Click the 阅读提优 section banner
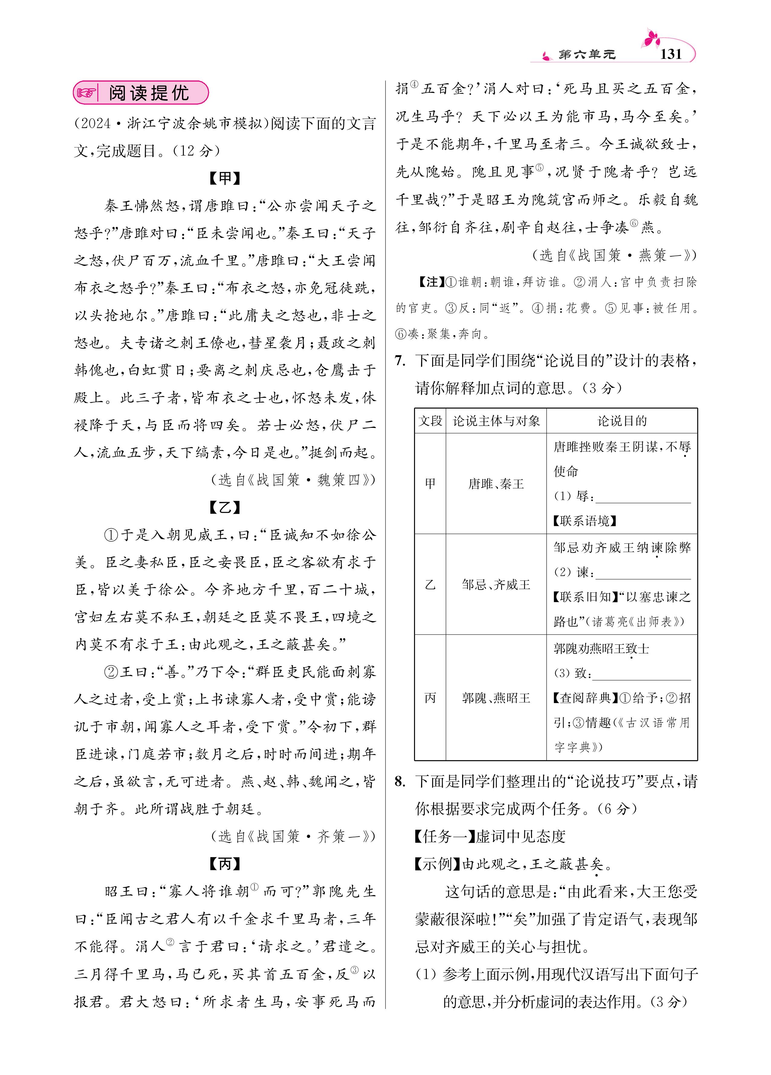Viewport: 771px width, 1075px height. (141, 93)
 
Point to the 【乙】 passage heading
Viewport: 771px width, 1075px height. (225, 508)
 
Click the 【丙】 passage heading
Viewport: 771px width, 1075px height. (225, 864)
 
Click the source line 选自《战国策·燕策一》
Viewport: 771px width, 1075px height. (615, 256)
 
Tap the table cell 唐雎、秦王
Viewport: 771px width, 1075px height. (496, 484)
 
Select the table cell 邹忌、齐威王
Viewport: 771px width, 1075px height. (496, 585)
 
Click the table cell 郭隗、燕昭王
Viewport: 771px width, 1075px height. (496, 698)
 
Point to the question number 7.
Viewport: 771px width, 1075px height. (400, 361)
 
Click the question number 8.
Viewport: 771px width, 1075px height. (400, 782)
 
